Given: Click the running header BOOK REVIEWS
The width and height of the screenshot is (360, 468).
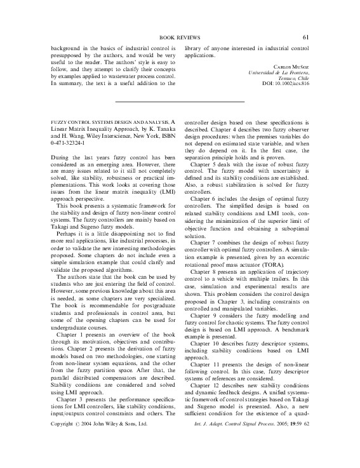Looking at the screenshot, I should click(180, 38).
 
